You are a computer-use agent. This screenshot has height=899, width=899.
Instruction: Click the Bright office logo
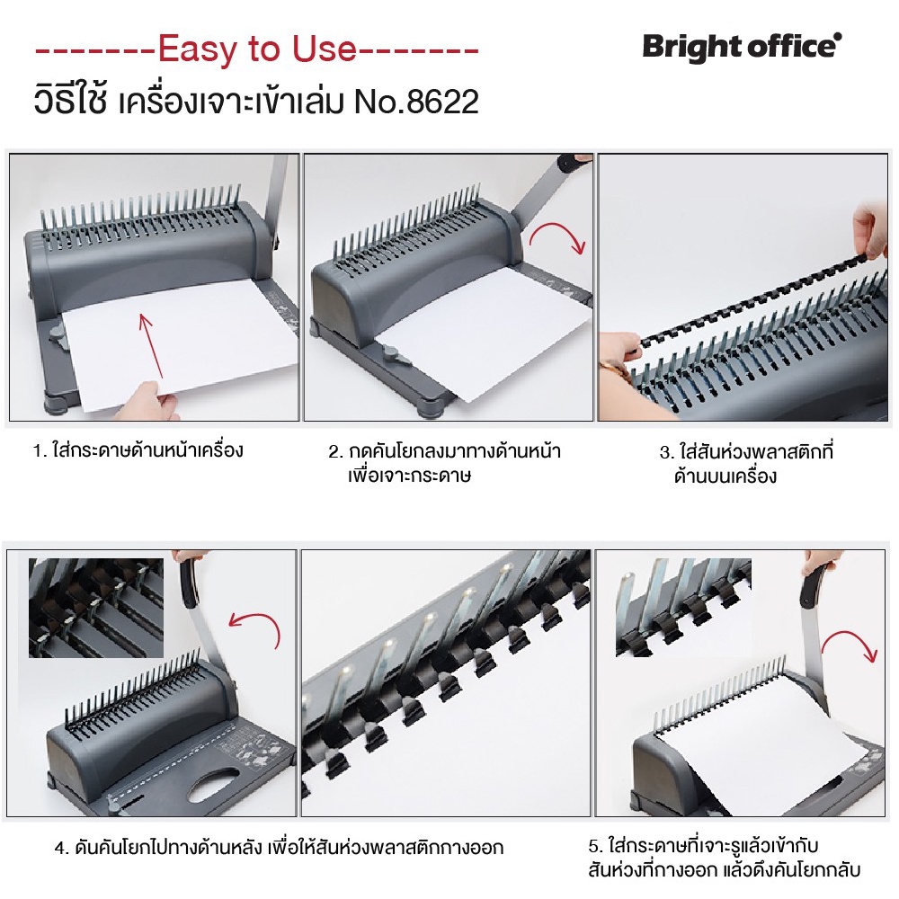[x=742, y=47]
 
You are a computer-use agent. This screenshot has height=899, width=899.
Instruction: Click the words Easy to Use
[x=257, y=49]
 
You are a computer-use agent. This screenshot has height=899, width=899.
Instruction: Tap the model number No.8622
[x=416, y=102]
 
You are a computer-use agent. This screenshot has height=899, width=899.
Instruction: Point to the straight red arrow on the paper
[x=150, y=346]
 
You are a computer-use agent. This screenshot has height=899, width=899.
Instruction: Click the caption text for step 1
[x=138, y=450]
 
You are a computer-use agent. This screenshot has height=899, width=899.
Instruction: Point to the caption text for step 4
[x=280, y=848]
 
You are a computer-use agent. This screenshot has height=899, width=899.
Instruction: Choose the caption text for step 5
[x=724, y=858]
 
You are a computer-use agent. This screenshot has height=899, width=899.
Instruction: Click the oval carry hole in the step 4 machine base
[x=213, y=787]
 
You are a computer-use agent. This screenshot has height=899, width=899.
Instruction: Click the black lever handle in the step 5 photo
[x=811, y=586]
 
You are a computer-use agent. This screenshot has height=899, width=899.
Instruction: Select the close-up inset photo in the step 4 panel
[x=96, y=608]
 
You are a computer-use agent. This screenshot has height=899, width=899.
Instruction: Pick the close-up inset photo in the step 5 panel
[x=683, y=608]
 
